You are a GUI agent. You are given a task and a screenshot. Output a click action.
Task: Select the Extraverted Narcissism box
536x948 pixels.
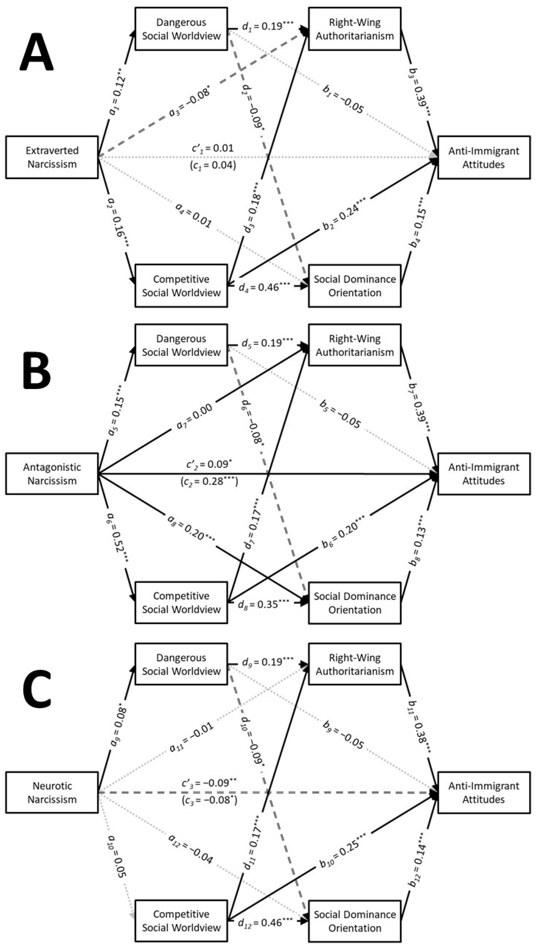(x=52, y=158)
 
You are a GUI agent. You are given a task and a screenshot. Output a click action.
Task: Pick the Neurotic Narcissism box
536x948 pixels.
(x=52, y=792)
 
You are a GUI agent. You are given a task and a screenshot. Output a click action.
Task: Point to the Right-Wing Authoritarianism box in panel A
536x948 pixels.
(x=355, y=29)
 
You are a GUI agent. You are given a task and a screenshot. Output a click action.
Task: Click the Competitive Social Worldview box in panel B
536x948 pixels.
(x=181, y=602)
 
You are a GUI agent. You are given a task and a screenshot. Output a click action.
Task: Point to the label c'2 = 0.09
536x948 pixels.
(x=209, y=464)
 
